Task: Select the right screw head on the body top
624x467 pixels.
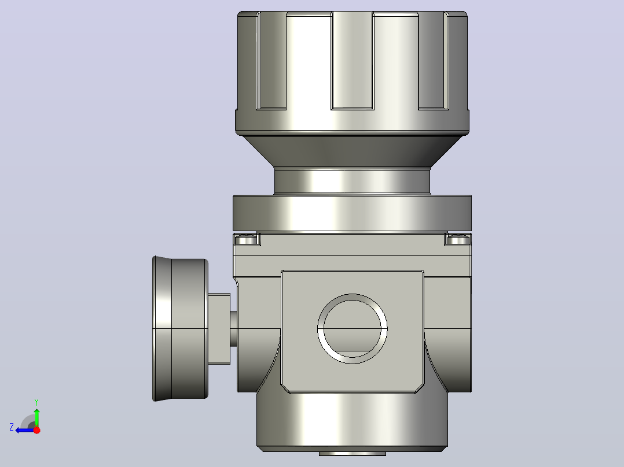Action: [458, 240]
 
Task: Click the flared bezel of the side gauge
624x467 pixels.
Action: [162, 329]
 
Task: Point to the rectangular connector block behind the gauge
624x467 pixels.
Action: [219, 329]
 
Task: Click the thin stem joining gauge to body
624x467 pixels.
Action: [234, 329]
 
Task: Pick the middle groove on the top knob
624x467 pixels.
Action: [353, 61]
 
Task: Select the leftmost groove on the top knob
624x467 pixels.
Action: [271, 61]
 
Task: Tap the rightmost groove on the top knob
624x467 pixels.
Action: [434, 61]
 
